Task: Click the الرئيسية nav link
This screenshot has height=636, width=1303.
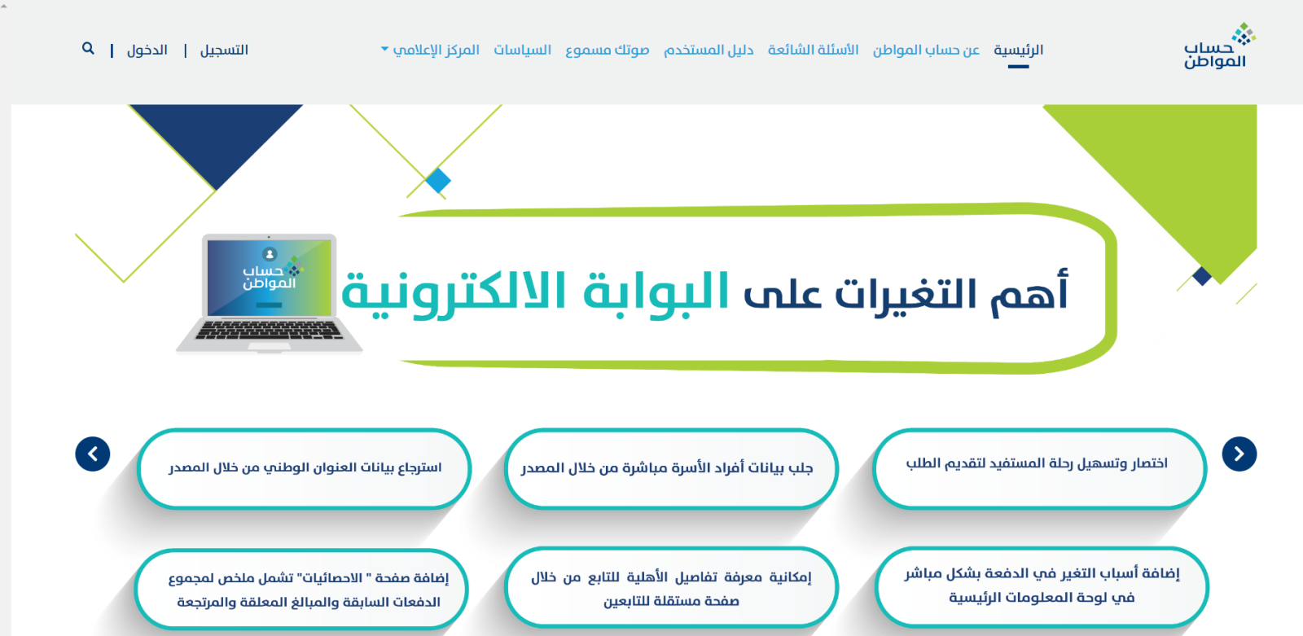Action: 1018,50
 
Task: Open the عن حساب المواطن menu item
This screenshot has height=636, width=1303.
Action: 926,50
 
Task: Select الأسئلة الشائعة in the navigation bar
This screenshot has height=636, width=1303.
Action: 814,50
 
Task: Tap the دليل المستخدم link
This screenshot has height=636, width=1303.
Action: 709,50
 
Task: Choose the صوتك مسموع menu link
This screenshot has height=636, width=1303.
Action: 608,50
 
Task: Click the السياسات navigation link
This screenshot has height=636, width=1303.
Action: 522,50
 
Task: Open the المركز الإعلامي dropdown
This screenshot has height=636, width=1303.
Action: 431,50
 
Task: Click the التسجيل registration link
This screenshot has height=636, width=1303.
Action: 224,50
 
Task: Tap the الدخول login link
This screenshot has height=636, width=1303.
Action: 147,50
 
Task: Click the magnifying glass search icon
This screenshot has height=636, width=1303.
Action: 88,48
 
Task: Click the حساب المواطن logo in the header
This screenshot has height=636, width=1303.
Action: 1219,46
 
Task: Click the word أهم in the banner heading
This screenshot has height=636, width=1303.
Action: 1029,291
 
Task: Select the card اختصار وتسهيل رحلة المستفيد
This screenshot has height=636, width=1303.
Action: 1039,468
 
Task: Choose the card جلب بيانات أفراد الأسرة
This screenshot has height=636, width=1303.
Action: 671,468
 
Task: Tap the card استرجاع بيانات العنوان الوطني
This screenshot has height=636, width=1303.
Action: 305,468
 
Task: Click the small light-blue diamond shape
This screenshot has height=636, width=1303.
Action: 438,181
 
